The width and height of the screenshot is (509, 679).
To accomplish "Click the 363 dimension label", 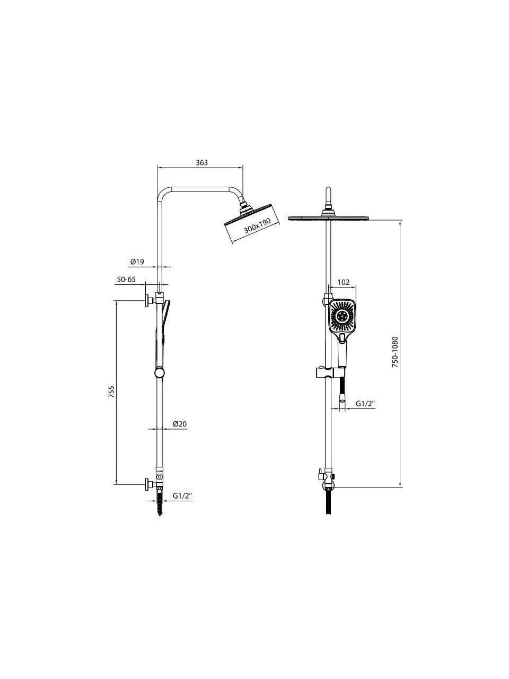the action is pyautogui.click(x=201, y=162).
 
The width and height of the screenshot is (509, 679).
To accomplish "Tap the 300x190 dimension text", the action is pyautogui.click(x=257, y=226).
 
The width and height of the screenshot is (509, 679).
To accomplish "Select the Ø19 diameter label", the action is pyautogui.click(x=137, y=262).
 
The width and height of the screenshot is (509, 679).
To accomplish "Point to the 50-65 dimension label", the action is pyautogui.click(x=126, y=280).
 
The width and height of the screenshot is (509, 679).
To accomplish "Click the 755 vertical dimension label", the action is pyautogui.click(x=111, y=391).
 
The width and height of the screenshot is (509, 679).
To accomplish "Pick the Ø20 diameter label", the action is pyautogui.click(x=180, y=423).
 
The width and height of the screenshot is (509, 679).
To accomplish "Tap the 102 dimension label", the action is pyautogui.click(x=344, y=282).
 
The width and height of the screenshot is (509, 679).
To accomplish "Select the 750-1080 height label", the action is pyautogui.click(x=396, y=352).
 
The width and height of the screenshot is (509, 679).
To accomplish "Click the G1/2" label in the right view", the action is pyautogui.click(x=365, y=403).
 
